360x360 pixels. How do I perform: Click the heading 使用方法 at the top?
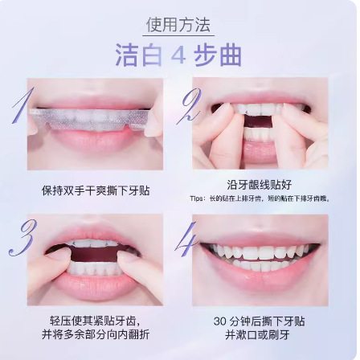180,25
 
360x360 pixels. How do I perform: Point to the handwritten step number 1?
21,106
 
